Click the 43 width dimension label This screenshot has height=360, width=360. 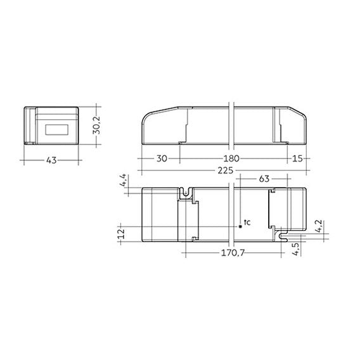pos(51,160)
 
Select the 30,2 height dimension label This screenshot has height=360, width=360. pos(97,125)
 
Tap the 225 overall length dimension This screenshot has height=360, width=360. pos(226,170)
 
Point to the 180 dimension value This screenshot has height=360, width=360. pos(231,158)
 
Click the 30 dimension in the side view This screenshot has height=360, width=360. pos(162,158)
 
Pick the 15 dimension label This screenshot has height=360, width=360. pos(297,158)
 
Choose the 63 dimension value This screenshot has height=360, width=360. pos(264,179)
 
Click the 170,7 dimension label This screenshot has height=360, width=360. pos(233,253)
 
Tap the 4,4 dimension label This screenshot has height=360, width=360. pos(123,181)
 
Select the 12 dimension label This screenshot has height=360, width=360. pos(121,234)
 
